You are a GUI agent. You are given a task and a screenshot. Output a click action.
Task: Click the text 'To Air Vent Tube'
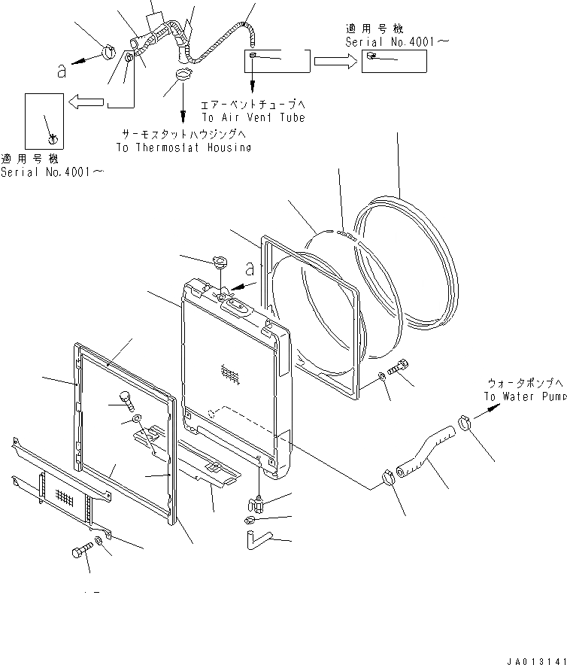point(253,119)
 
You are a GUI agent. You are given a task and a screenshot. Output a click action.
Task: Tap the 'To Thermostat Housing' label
point(183,147)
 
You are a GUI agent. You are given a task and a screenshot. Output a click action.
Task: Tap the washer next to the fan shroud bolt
point(382,375)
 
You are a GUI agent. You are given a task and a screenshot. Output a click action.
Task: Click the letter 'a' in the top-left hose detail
point(62,71)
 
